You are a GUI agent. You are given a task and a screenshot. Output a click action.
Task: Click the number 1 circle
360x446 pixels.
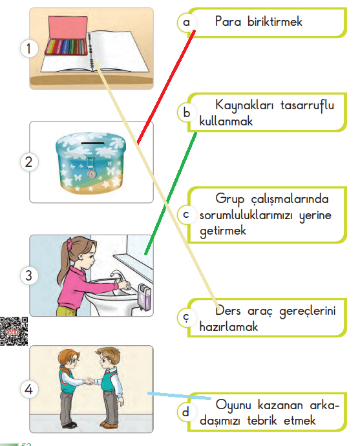[x=26, y=48]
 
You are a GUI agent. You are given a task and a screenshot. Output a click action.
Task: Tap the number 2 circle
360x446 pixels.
[x=26, y=162]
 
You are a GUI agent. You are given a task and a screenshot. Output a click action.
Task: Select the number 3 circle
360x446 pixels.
[x=26, y=275]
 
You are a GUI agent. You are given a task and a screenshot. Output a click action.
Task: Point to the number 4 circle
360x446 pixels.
[x=26, y=389]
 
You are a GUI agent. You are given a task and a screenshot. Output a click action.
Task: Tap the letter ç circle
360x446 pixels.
[x=186, y=317]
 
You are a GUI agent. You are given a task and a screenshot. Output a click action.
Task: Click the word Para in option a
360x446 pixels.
[x=227, y=22]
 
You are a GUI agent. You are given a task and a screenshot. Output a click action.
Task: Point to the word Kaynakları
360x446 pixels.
[x=242, y=105]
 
